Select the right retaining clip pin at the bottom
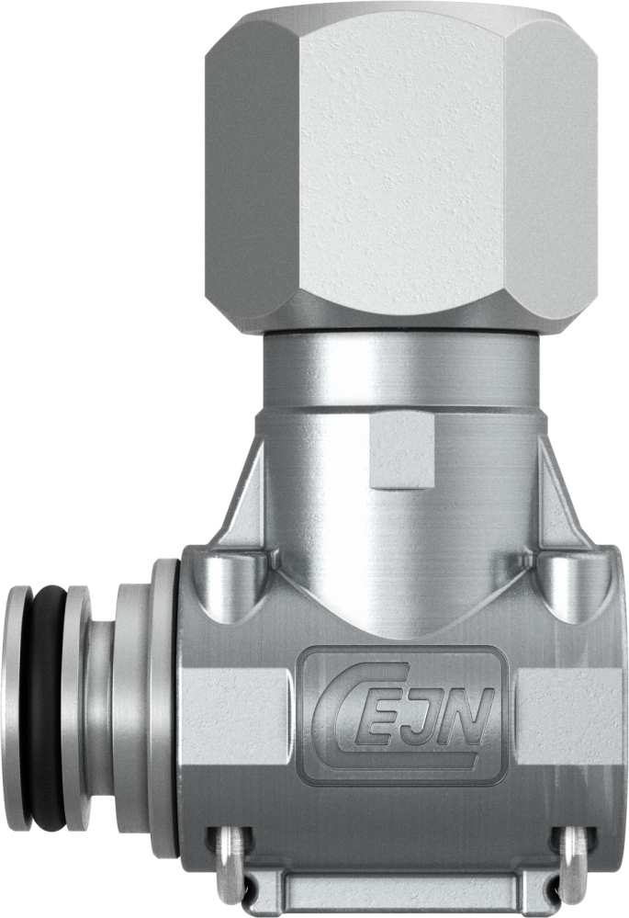[x=573, y=859]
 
